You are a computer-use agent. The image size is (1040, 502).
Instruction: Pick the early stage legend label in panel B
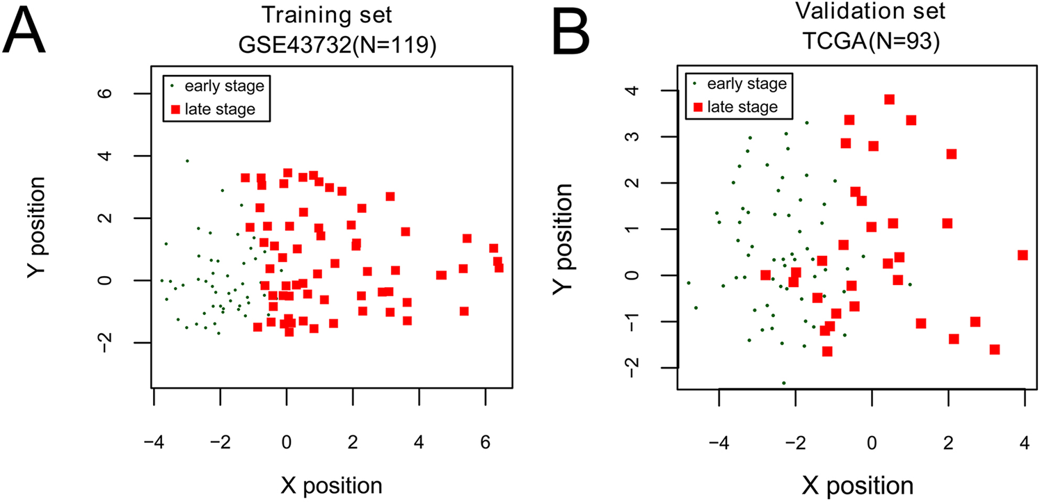(746, 83)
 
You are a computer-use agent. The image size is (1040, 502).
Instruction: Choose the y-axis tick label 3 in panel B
(649, 136)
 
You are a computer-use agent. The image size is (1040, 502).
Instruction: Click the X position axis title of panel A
(322, 484)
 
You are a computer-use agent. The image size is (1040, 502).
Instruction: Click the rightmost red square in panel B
(1023, 255)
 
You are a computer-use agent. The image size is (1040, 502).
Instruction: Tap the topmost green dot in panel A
(187, 161)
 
